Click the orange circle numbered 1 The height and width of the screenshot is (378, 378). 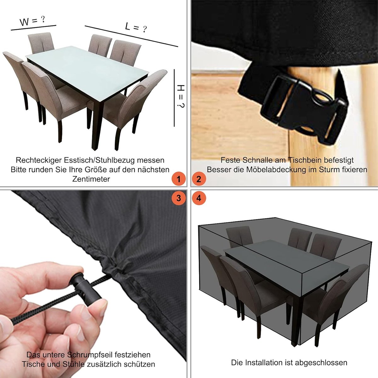179,179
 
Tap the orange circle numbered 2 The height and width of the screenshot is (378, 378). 199,179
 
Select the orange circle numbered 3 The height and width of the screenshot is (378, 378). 179,198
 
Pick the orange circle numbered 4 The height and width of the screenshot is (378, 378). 199,198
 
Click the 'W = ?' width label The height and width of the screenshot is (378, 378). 32,21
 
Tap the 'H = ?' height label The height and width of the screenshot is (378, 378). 181,96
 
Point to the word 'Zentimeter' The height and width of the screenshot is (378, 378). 91,179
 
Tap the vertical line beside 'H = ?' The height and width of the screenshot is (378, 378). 174,98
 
